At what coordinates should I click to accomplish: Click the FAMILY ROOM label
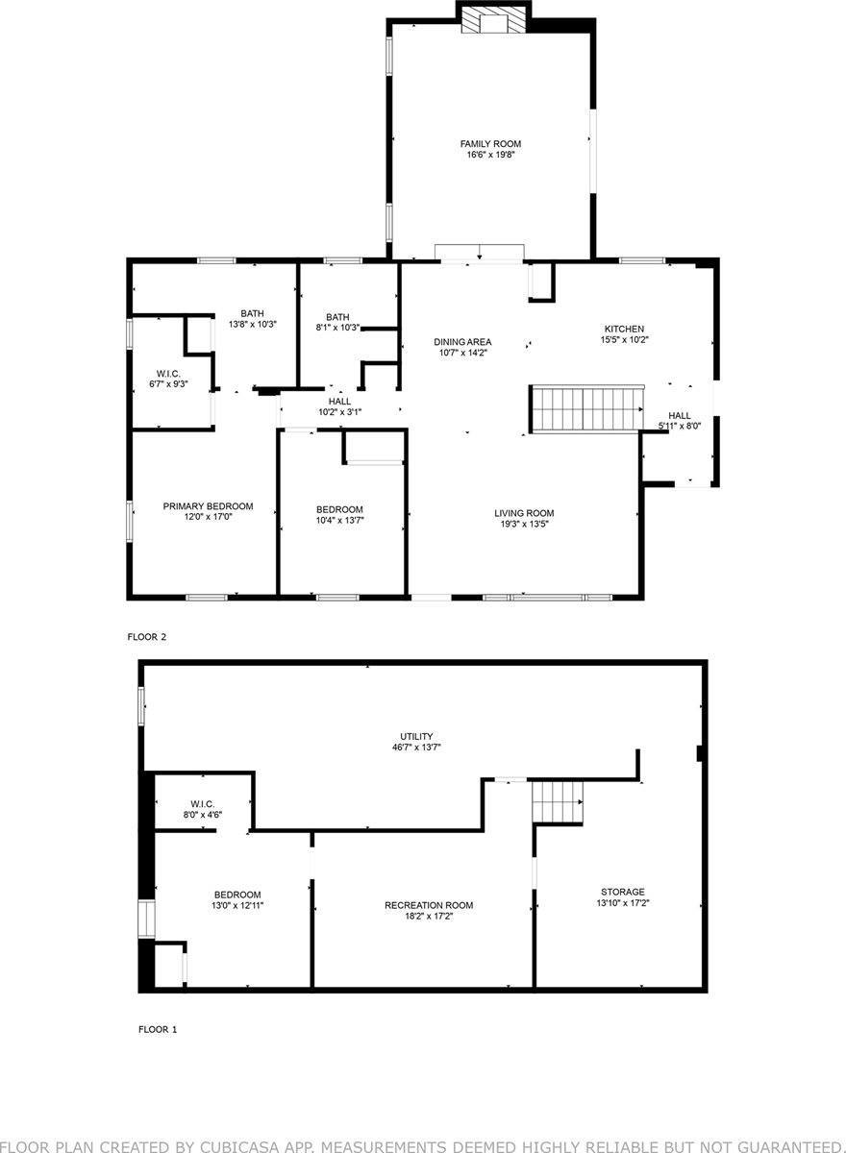490,144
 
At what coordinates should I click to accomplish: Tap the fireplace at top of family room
493,21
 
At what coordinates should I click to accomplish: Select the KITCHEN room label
624,329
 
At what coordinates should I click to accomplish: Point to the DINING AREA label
462,342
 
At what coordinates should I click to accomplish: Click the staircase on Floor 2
586,410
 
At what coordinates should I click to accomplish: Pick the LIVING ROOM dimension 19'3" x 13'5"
524,525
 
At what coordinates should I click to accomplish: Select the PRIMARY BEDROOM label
208,506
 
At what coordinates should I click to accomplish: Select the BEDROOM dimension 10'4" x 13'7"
339,520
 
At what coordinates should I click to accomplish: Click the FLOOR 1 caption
158,1029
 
